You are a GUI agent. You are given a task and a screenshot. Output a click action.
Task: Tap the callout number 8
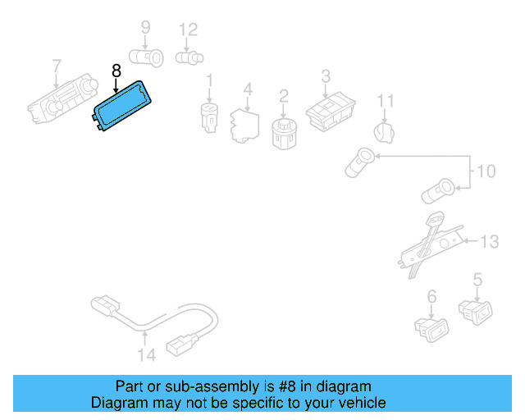coord(116,71)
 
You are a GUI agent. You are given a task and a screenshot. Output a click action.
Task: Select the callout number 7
coord(57,65)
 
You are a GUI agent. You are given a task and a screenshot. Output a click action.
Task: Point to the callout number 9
coord(145,29)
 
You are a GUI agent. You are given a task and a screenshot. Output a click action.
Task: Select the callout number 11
coord(386,101)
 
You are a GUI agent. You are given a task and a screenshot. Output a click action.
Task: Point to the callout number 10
coord(486,171)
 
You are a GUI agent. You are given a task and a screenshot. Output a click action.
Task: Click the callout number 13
coord(490,241)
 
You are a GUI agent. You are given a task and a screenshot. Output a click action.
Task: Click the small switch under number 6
coord(431,328)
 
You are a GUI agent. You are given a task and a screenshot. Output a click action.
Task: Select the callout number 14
coord(146,354)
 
